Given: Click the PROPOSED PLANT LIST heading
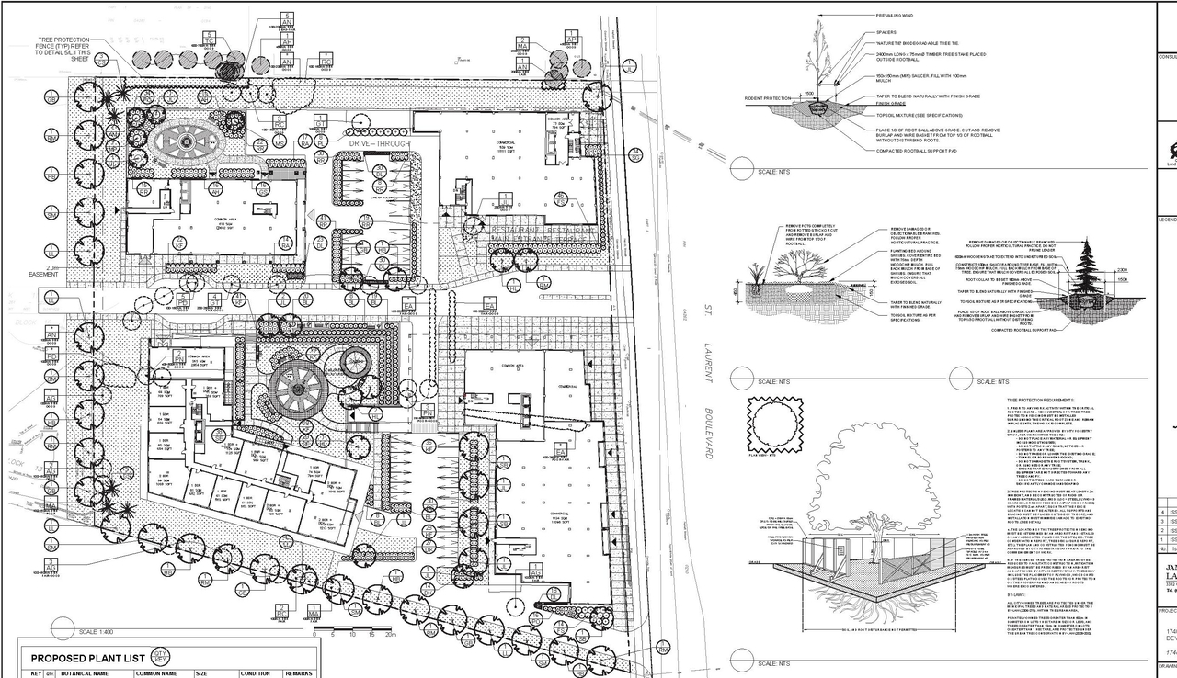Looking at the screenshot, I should coord(86,658).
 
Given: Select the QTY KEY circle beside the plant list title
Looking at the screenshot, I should coord(162,657).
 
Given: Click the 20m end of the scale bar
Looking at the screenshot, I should coord(391,634).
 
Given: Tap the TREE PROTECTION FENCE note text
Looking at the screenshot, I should coord(64,50).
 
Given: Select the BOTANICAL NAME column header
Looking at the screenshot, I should coord(85,673).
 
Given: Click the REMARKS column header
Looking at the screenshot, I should coord(299,673).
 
